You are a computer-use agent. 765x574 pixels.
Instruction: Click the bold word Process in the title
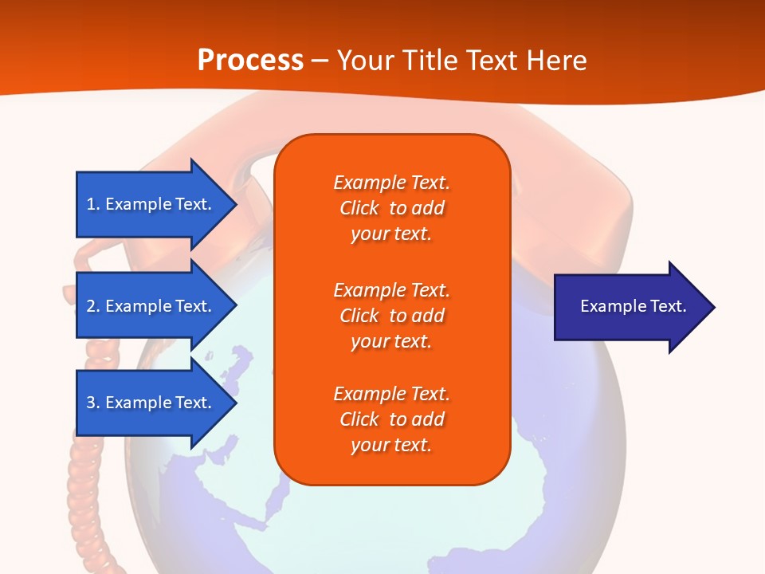(250, 61)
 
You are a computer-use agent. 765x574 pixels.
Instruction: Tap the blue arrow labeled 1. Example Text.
(151, 204)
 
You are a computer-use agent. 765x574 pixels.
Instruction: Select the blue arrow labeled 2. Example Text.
(151, 306)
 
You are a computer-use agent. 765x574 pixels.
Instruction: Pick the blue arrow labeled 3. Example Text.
(151, 403)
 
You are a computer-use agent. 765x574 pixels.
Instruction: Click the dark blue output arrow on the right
(630, 307)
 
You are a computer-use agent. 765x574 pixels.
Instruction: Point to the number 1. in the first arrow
(93, 204)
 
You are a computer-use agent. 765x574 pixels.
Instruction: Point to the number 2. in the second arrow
(93, 306)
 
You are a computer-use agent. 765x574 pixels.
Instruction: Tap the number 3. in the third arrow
(93, 403)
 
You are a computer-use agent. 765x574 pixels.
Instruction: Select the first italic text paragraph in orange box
(391, 208)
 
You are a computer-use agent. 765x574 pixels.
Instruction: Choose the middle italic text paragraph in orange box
(391, 316)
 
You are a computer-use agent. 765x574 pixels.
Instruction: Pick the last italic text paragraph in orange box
(391, 419)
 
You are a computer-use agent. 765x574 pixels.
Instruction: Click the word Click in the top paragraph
(359, 208)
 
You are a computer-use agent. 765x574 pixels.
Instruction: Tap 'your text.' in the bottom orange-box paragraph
(391, 445)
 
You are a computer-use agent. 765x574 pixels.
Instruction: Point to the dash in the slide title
(320, 61)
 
